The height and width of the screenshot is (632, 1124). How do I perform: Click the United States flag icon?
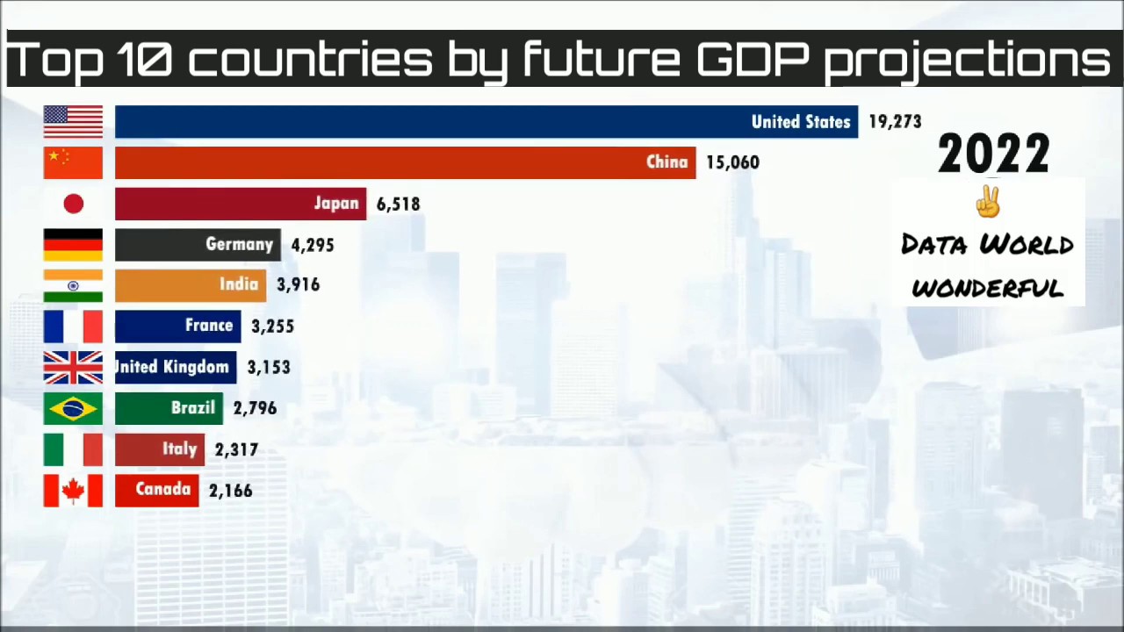[73, 122]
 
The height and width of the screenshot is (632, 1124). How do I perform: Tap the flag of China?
[73, 162]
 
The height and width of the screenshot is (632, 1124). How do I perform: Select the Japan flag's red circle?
[74, 204]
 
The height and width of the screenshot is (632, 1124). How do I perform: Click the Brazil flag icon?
[73, 408]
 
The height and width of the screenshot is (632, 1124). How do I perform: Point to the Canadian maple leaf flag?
[73, 490]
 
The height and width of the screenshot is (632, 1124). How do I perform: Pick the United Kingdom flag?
[73, 367]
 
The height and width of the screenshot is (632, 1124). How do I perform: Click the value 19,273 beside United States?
[895, 122]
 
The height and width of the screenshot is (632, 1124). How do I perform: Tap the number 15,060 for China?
[732, 162]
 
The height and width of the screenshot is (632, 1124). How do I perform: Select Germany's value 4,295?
[312, 245]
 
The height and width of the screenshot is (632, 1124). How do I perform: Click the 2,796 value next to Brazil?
[255, 408]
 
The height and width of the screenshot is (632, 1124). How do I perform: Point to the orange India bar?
[190, 284]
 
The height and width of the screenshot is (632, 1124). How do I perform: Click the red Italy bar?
[159, 449]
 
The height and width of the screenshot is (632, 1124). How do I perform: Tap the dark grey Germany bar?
[198, 245]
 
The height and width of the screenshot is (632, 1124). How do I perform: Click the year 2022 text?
[993, 154]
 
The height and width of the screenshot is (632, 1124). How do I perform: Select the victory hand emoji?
[989, 202]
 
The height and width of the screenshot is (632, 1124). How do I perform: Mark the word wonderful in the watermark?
[988, 287]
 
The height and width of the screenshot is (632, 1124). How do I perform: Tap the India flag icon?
[73, 285]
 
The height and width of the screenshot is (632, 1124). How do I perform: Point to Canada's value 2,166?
[231, 491]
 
